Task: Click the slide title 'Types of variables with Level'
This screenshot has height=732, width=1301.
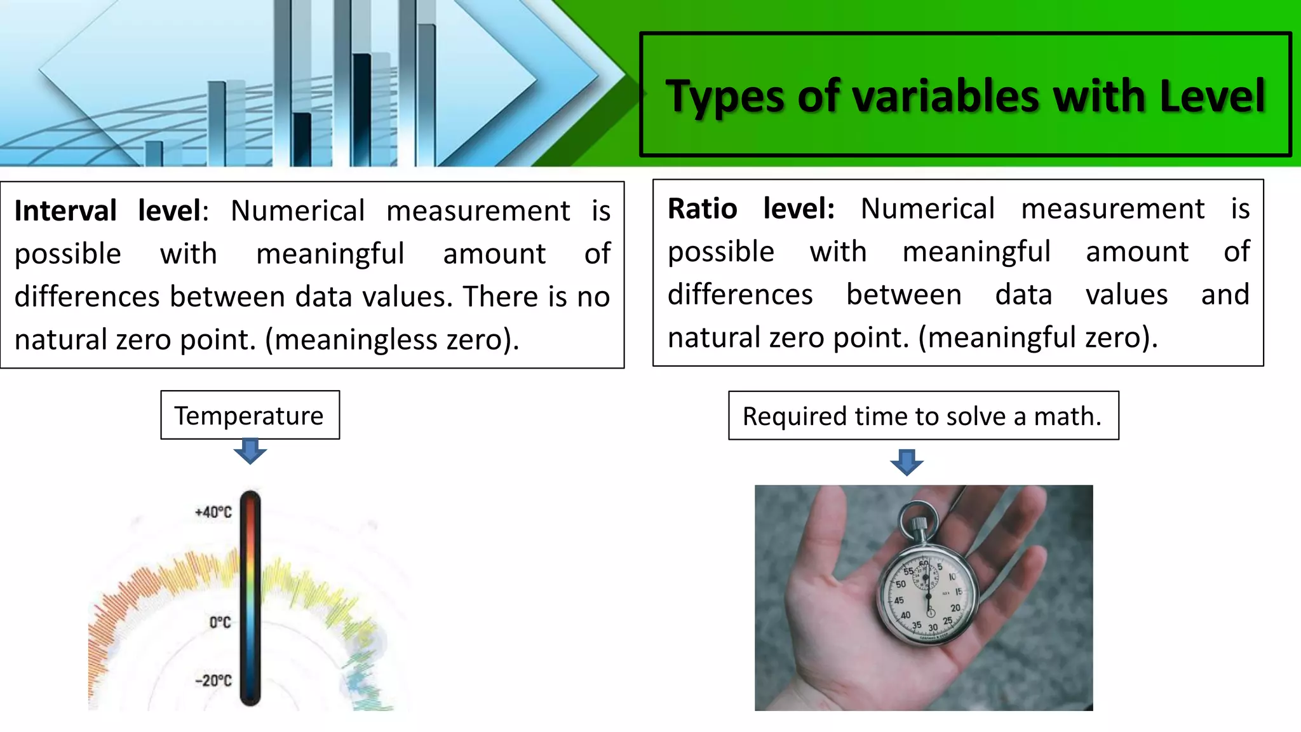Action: tap(965, 96)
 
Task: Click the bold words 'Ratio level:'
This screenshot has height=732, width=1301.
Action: tap(751, 209)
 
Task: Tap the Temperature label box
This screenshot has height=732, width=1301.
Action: tap(250, 416)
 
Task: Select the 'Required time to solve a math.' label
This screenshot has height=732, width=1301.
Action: tap(922, 417)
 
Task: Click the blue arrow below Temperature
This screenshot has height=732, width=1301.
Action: tap(250, 451)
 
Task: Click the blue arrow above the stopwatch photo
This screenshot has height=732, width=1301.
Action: tap(907, 462)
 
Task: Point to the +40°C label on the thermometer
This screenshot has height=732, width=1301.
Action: tap(213, 512)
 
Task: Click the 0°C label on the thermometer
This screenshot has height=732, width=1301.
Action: tap(220, 622)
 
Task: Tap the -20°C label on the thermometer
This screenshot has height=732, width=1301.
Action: tap(213, 681)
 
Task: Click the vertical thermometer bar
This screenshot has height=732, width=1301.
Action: tap(250, 597)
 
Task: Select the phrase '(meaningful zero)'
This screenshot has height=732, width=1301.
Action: tap(1038, 337)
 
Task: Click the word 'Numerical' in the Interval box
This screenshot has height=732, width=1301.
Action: tap(297, 211)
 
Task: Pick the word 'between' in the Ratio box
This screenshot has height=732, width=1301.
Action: tap(904, 295)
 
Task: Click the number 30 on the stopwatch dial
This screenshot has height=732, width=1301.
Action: tap(933, 628)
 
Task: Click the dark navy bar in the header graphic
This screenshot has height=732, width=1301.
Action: tap(361, 108)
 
